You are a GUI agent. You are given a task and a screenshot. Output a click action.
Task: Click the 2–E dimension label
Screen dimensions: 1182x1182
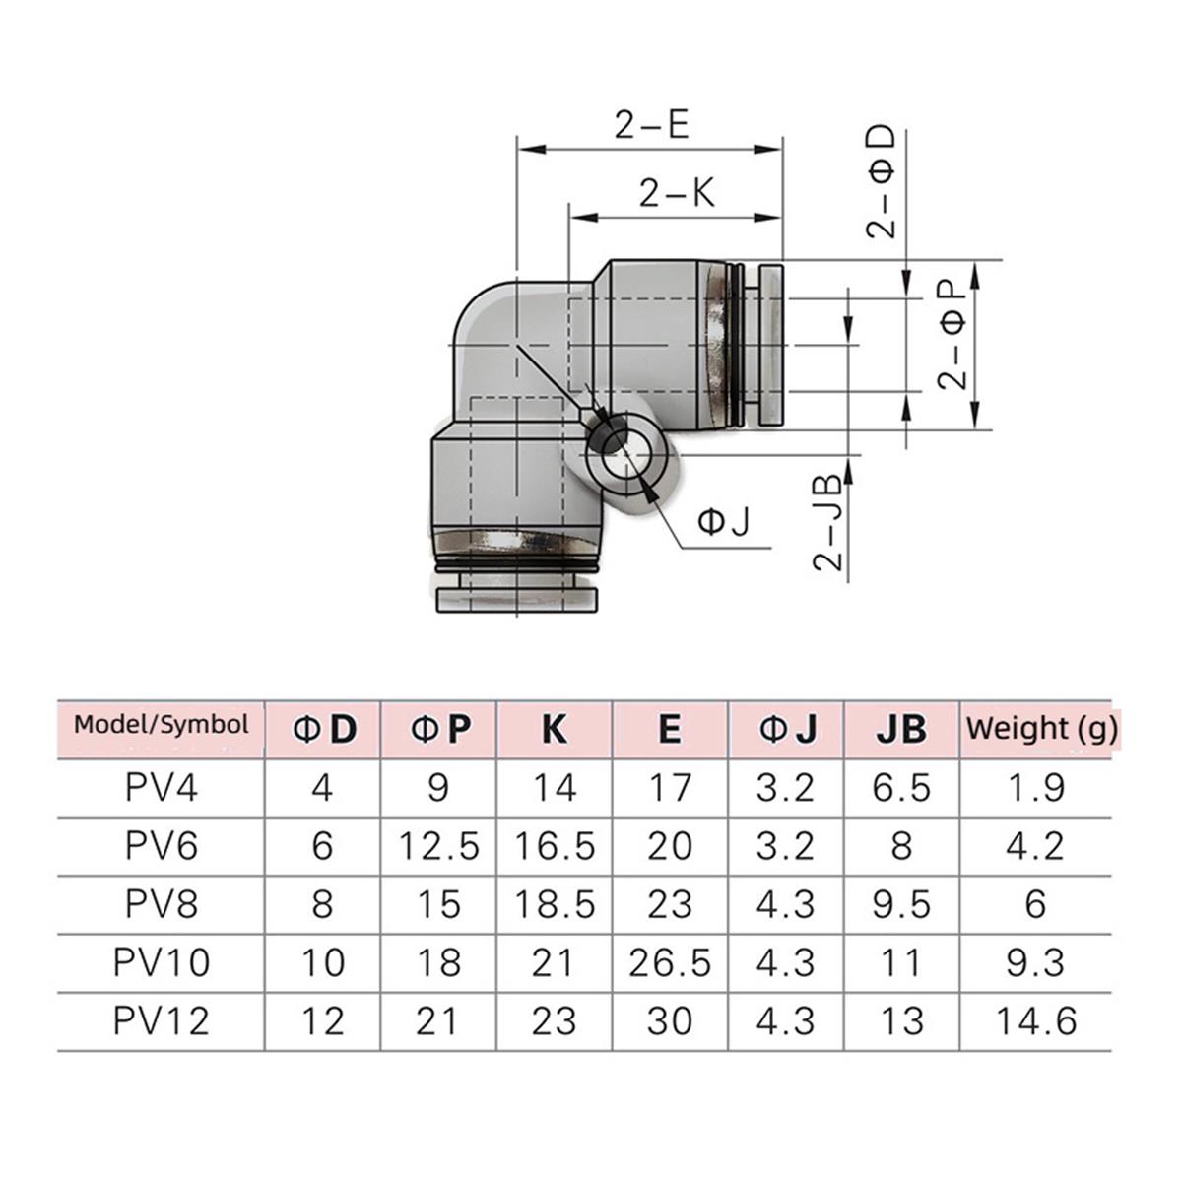pyautogui.click(x=651, y=126)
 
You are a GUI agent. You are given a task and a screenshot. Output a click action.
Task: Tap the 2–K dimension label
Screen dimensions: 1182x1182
pyautogui.click(x=677, y=193)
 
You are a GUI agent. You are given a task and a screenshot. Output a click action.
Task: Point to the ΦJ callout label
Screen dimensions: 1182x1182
pyautogui.click(x=724, y=523)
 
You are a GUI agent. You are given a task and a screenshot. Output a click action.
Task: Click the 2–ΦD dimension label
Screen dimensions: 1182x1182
pyautogui.click(x=882, y=182)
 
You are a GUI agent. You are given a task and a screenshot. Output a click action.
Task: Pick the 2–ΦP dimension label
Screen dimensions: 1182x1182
pyautogui.click(x=952, y=336)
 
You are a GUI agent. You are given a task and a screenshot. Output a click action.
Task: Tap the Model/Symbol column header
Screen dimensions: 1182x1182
pyautogui.click(x=162, y=725)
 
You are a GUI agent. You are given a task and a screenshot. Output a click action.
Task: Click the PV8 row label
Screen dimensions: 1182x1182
pyautogui.click(x=162, y=903)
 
